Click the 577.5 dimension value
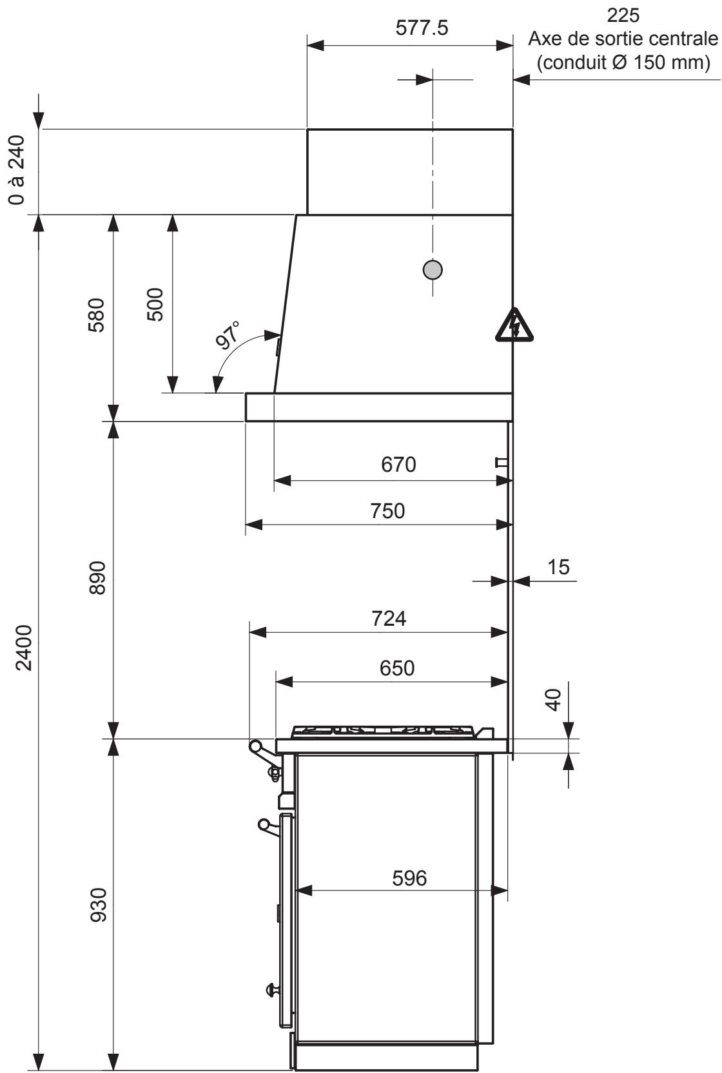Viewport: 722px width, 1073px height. coord(422,29)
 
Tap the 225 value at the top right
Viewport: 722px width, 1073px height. coord(623,14)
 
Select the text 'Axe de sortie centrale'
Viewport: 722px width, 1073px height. coord(622,39)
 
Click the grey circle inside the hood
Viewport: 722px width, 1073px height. coord(433,269)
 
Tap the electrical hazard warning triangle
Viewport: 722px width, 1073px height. coord(514,325)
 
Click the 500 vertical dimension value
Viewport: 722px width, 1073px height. coord(155,304)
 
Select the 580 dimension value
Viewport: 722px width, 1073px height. coord(96,314)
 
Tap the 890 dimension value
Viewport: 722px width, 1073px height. coord(96,578)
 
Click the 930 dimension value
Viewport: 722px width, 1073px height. coord(96,905)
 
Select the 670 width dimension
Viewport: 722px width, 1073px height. coord(398,464)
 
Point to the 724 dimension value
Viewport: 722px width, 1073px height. coord(389,618)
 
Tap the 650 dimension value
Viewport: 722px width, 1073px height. coord(396,668)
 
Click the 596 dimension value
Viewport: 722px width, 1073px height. coord(409,878)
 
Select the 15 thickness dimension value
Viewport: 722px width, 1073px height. coord(558,566)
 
